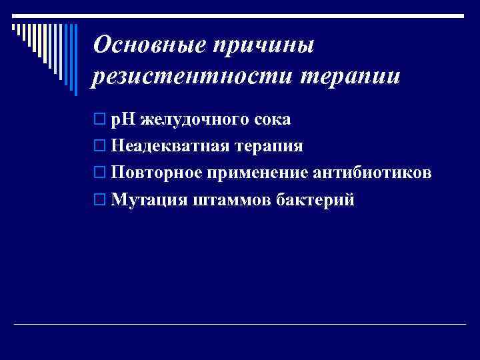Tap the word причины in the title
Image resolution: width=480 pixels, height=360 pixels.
pos(262,47)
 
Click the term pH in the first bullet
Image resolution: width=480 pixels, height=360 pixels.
pos(123,120)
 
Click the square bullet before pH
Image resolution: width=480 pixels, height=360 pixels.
pos(99,120)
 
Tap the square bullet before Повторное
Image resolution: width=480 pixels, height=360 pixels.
pos(99,173)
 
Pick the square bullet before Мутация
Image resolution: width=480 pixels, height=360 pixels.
pos(99,200)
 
